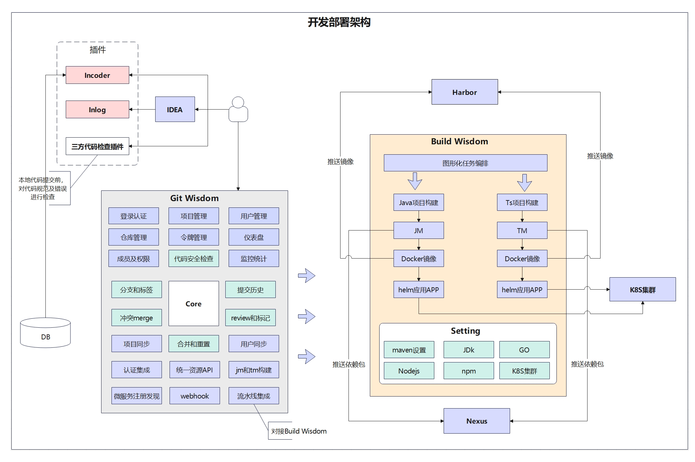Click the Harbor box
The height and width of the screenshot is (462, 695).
tap(464, 92)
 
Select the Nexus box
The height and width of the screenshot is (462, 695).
tap(476, 421)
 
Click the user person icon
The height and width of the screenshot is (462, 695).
tap(238, 109)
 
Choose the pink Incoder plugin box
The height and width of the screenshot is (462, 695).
tap(97, 75)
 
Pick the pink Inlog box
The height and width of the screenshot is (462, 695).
tap(97, 110)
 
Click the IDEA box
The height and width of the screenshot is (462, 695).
tap(175, 109)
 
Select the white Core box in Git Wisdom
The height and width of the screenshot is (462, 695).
tap(194, 303)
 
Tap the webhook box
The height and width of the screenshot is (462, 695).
tap(195, 396)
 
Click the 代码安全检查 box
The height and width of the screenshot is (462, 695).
tap(194, 259)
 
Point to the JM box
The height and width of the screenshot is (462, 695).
tap(418, 230)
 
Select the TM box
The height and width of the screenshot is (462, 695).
tap(522, 230)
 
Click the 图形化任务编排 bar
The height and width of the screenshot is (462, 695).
tap(465, 163)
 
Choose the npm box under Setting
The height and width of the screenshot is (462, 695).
tap(468, 371)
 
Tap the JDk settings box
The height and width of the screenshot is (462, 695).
tap(468, 350)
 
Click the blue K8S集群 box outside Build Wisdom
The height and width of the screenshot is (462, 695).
tap(642, 290)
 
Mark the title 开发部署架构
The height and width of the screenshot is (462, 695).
tap(339, 22)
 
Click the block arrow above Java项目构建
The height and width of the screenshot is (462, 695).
tap(415, 181)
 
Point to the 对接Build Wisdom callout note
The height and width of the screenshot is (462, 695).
tap(298, 431)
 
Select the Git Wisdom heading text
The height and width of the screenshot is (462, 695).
tap(194, 198)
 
